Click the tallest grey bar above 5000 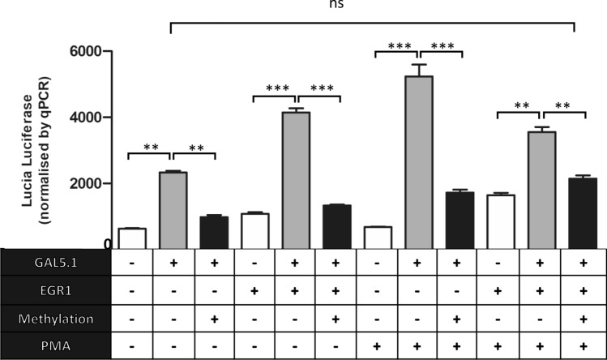(419, 162)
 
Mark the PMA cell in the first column (131, 346)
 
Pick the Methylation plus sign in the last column (582, 319)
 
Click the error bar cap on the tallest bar (419, 65)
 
